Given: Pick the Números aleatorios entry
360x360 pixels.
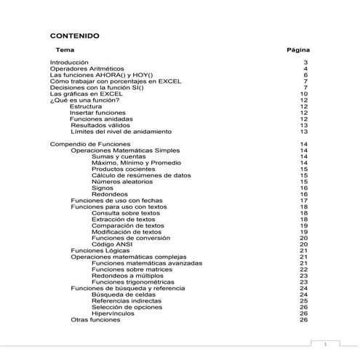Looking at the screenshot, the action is pyautogui.click(x=122, y=181).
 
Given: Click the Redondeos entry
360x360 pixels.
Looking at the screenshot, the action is pyautogui.click(x=110, y=193).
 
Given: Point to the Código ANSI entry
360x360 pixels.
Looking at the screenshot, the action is pyautogui.click(x=113, y=244).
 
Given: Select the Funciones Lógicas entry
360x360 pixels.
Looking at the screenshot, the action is pyautogui.click(x=97, y=250).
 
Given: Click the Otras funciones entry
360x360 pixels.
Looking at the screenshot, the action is pyautogui.click(x=95, y=319).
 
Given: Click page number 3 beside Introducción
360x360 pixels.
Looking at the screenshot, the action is pyautogui.click(x=306, y=63).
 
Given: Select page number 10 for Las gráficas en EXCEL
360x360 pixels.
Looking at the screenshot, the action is pyautogui.click(x=304, y=94).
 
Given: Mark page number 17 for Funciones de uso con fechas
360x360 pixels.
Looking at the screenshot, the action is pyautogui.click(x=304, y=200).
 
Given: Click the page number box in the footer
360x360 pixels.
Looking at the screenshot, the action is pyautogui.click(x=325, y=343).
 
